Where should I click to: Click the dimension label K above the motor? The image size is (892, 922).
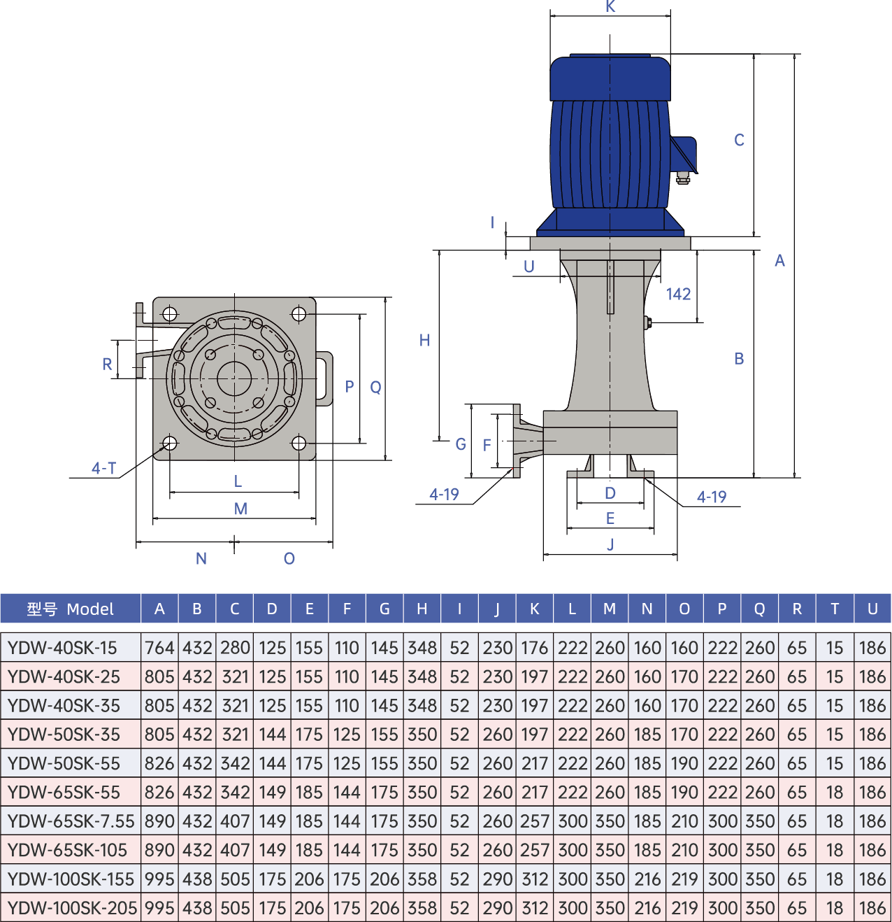[610, 6]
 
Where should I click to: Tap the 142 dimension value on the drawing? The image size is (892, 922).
[678, 295]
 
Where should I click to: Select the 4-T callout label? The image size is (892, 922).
[103, 468]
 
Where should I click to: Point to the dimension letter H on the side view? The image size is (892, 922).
[424, 340]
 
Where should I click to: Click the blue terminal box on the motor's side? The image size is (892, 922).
[683, 155]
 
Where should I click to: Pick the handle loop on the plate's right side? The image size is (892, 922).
[326, 378]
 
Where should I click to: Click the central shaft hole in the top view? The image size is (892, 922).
[234, 378]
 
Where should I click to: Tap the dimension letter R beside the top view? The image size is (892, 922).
[107, 364]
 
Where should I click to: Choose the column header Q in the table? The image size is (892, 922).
[759, 609]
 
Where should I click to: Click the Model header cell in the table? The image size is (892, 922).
[70, 609]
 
